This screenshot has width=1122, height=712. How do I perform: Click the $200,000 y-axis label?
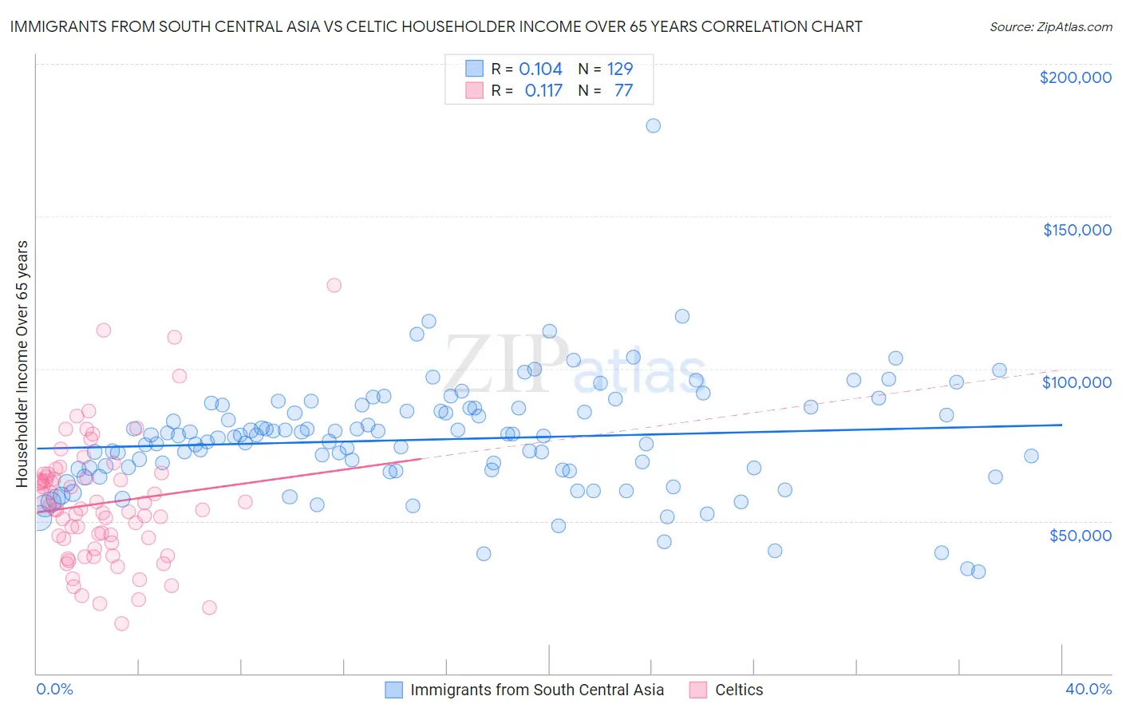[x=1075, y=77]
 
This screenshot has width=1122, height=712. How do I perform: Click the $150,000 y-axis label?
[x=1077, y=230]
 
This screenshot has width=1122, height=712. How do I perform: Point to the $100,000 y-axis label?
[x=1077, y=382]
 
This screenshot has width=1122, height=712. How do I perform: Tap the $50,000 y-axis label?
[x=1080, y=535]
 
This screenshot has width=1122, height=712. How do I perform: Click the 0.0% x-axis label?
[x=54, y=689]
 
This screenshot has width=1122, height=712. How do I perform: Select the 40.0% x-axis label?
[x=1088, y=689]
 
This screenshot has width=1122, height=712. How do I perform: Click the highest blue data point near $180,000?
[x=653, y=125]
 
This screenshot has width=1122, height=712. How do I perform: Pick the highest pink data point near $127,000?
[x=334, y=285]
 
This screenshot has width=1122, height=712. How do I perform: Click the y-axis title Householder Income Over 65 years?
[x=22, y=363]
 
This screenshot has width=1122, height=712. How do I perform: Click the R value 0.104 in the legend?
[x=540, y=69]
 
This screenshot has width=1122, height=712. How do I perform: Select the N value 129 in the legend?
[x=619, y=69]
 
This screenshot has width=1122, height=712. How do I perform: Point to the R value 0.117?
[x=543, y=91]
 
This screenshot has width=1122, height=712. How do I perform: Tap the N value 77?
[x=623, y=91]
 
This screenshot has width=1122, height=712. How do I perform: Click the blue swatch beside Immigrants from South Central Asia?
[x=393, y=690]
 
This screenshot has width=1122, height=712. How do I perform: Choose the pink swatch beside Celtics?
[x=698, y=690]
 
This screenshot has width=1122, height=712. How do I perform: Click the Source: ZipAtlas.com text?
[x=1050, y=27]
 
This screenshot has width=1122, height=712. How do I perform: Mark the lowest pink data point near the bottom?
[x=121, y=623]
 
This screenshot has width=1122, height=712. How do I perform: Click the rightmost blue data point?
[x=1031, y=456]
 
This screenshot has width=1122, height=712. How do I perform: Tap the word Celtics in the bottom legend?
[x=739, y=690]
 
